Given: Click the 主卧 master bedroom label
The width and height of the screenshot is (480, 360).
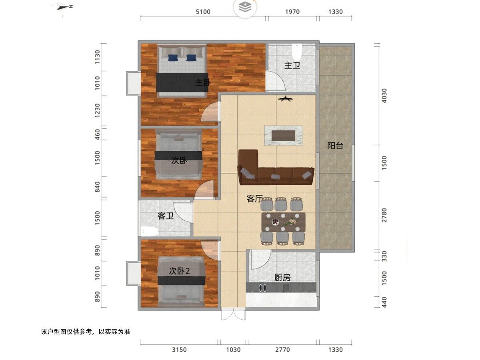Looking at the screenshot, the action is click(x=203, y=82).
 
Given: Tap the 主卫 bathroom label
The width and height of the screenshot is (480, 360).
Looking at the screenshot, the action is click(x=292, y=65).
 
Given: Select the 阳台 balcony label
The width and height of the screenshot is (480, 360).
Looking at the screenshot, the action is click(x=335, y=146).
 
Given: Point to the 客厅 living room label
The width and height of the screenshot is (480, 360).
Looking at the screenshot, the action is click(x=254, y=199).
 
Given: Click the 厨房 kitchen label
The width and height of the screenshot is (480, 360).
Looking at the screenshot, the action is click(x=282, y=278).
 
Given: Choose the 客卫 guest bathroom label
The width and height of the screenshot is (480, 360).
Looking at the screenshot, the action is click(x=166, y=216).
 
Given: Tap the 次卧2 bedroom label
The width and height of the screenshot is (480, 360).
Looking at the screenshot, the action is click(x=179, y=271).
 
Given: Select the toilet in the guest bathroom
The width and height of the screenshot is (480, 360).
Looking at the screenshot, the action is click(x=149, y=231).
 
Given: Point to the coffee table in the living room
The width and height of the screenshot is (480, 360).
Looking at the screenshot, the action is click(x=284, y=136).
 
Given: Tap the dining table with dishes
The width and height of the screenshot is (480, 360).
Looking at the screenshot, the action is click(x=283, y=222).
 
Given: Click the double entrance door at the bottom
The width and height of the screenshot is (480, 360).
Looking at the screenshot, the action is click(x=233, y=314).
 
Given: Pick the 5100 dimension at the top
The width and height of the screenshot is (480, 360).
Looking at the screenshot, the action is click(x=203, y=12).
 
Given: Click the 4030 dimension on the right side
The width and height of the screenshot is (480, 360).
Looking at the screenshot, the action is click(x=384, y=96).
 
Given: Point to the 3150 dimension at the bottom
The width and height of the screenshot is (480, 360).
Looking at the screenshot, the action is click(x=179, y=350).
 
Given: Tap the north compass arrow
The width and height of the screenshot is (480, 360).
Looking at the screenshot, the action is click(x=65, y=7).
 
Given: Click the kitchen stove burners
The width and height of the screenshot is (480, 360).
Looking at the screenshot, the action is click(x=263, y=288).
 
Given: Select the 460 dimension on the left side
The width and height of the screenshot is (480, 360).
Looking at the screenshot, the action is click(x=97, y=134).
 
